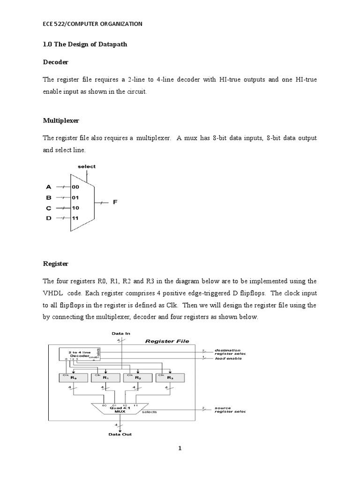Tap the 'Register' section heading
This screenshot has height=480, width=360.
[x=55, y=264]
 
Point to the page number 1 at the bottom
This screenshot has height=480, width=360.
[x=180, y=449]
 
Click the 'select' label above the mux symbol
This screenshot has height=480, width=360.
[x=87, y=166]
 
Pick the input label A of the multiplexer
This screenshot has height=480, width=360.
[x=48, y=186]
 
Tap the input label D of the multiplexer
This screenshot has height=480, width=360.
[x=48, y=218]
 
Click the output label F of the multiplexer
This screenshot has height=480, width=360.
[x=114, y=203]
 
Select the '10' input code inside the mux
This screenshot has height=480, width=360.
[x=75, y=208]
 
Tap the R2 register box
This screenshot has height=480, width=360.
[x=137, y=378]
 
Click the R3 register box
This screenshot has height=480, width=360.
[x=170, y=378]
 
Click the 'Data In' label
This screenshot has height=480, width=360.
[x=121, y=333]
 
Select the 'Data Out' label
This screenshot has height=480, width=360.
[x=121, y=435]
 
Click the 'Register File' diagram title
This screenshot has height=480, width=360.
[x=167, y=341]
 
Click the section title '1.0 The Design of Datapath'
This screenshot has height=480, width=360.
[x=85, y=44]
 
